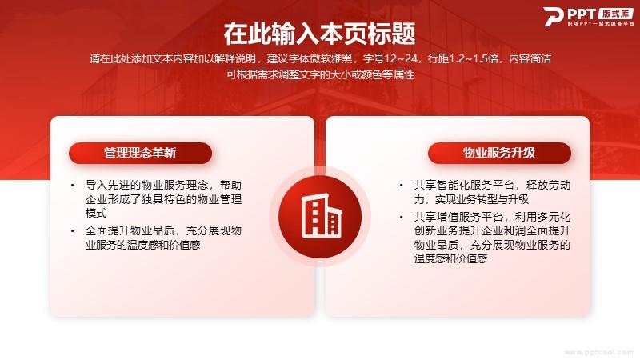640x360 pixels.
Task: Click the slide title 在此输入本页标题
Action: click(319, 34)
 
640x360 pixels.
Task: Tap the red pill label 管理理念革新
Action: click(141, 153)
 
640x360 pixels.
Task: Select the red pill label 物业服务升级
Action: click(499, 153)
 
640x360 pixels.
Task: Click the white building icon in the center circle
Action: click(321, 215)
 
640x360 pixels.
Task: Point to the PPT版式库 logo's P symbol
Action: click(554, 17)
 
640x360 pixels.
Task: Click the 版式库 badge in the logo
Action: click(616, 14)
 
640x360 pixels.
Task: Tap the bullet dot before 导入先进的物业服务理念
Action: click(73, 186)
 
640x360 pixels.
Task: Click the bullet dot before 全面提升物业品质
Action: click(73, 231)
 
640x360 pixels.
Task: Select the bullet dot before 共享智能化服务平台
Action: click(402, 186)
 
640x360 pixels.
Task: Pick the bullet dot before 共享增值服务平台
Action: click(402, 217)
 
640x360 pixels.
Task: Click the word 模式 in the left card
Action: click(96, 213)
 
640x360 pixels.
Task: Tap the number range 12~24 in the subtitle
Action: click(401, 58)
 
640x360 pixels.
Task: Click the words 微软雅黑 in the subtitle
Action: click(331, 58)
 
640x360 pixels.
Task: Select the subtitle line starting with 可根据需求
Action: click(321, 74)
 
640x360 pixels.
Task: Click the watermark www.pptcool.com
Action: click(599, 352)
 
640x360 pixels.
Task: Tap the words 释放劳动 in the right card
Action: click(548, 186)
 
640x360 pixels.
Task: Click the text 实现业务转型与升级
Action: click(482, 199)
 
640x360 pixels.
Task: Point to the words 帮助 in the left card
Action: click(230, 186)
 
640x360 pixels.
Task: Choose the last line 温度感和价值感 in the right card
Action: click(450, 258)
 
